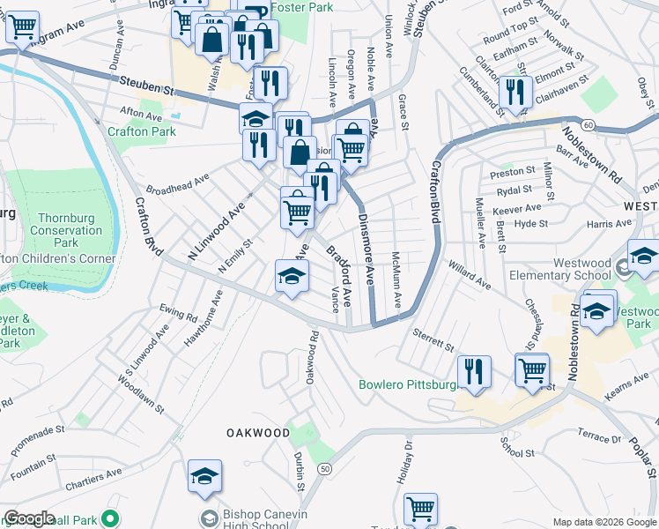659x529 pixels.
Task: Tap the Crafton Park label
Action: tap(142, 131)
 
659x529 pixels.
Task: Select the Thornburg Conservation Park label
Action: tap(71, 230)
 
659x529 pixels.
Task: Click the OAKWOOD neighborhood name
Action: tap(257, 433)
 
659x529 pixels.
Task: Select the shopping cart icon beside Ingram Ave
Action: tap(22, 26)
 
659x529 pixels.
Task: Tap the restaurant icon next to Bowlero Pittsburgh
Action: tap(475, 370)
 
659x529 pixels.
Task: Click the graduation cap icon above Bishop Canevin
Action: tap(204, 476)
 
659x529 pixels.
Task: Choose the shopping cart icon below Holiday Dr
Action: tap(420, 509)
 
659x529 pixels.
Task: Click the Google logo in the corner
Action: tap(29, 518)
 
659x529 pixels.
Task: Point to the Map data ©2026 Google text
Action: tap(603, 522)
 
